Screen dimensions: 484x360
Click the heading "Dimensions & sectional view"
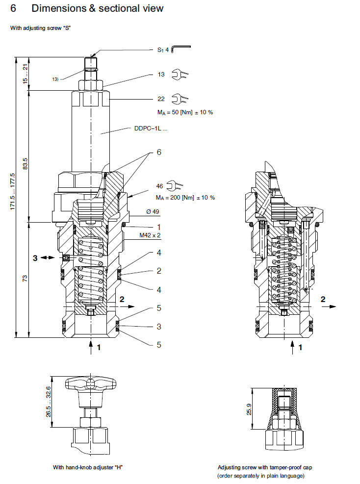coord(97,8)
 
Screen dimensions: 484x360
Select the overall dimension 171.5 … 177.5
coord(13,192)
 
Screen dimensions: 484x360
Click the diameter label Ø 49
coord(152,212)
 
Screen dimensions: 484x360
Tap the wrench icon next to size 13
coord(180,75)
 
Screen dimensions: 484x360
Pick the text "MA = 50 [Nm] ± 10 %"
coord(185,112)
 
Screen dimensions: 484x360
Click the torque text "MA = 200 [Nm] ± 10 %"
coord(185,197)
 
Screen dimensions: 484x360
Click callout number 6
coord(158,153)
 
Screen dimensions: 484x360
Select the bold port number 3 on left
coord(35,257)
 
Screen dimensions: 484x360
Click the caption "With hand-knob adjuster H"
coord(88,467)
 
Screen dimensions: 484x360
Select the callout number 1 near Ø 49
coord(158,227)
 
